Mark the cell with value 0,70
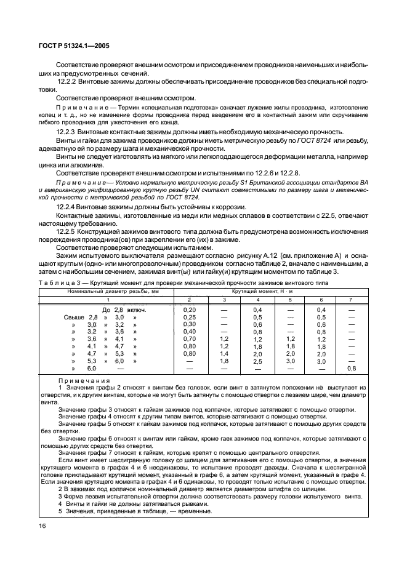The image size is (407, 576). tap(190, 339)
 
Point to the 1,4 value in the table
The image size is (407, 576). tap(224, 354)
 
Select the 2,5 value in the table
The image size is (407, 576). tap(257, 361)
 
